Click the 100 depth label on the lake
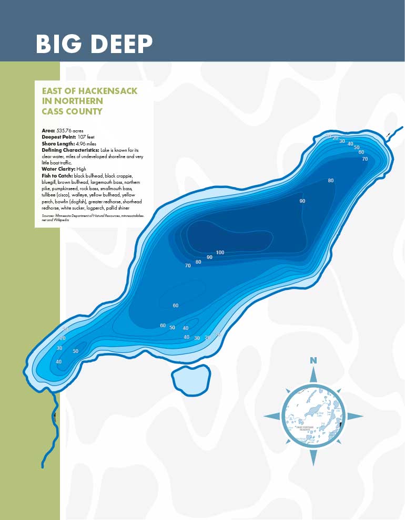(220, 253)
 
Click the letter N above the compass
(313, 360)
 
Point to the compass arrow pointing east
(355, 416)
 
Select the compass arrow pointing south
(313, 457)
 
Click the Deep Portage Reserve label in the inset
(305, 428)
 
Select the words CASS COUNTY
(72, 111)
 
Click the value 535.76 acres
(69, 130)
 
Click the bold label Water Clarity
(58, 169)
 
